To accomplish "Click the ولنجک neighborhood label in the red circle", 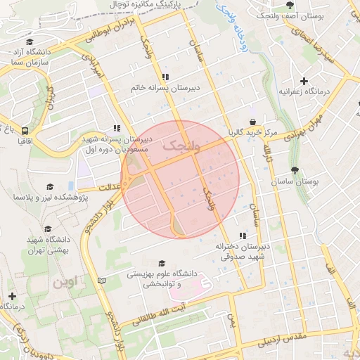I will pyautogui.click(x=181, y=146).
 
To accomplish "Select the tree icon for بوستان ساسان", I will pyautogui.click(x=294, y=170).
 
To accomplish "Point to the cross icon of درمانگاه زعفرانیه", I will pyautogui.click(x=304, y=82).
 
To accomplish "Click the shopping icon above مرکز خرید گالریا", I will pyautogui.click(x=252, y=122).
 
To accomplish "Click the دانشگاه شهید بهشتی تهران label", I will pyautogui.click(x=47, y=245).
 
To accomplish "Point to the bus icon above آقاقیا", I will pyautogui.click(x=25, y=130).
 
